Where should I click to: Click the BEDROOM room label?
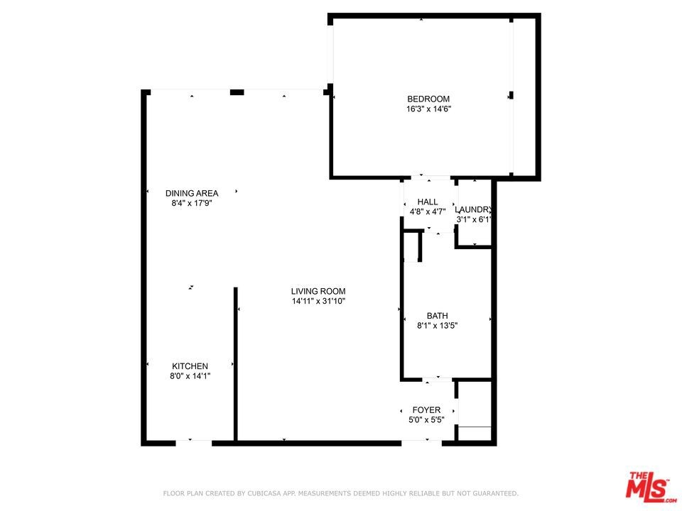(x=428, y=99)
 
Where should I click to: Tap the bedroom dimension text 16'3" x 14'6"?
(x=428, y=109)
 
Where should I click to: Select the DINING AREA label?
(x=192, y=193)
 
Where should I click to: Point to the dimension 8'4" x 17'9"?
(x=192, y=204)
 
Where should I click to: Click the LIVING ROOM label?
(x=318, y=292)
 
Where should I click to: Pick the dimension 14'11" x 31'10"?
(x=318, y=301)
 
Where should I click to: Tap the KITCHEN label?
(x=190, y=366)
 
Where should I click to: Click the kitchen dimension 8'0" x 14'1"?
(x=190, y=376)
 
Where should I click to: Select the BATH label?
(x=437, y=316)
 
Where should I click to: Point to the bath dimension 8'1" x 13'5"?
(x=437, y=326)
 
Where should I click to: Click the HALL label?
(x=428, y=202)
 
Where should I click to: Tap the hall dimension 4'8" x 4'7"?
(x=428, y=212)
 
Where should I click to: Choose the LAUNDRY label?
(x=474, y=210)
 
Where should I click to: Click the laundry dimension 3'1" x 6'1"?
(x=474, y=220)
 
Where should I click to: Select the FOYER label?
(x=426, y=410)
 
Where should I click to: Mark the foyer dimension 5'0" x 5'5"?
(x=426, y=420)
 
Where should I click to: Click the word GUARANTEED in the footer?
(x=495, y=493)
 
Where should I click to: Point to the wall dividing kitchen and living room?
(x=236, y=364)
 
